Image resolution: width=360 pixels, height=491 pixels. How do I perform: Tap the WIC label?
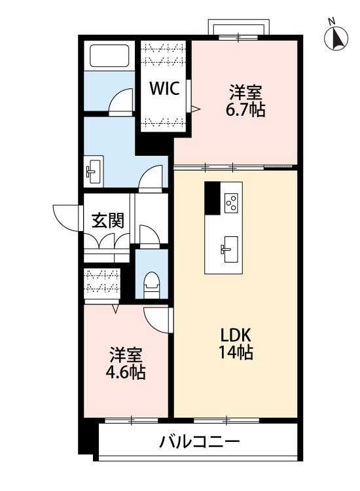(165, 88)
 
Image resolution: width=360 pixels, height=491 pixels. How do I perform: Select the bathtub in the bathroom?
(109, 56)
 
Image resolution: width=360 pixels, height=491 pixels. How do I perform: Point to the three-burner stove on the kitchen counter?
(231, 202)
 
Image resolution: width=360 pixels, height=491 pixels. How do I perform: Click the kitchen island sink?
(229, 249)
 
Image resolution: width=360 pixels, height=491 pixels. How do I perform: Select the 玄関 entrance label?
(108, 221)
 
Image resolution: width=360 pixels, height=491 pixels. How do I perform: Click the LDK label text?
(236, 335)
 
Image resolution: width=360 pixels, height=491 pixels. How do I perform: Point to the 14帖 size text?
(236, 352)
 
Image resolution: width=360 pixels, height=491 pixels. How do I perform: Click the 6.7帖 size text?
(245, 109)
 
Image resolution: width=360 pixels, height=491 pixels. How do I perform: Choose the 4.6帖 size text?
(126, 373)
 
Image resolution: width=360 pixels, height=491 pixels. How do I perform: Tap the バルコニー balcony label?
(200, 442)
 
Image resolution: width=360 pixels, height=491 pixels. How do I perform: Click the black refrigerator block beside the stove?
(212, 198)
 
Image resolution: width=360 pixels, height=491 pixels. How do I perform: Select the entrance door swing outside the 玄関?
(65, 218)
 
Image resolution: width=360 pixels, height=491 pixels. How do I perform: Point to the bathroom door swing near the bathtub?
(122, 100)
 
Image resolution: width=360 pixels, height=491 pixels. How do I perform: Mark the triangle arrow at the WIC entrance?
(195, 109)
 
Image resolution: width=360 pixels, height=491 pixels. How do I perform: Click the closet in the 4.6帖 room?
(102, 283)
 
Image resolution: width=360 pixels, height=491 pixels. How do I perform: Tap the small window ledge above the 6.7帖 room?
(239, 27)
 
